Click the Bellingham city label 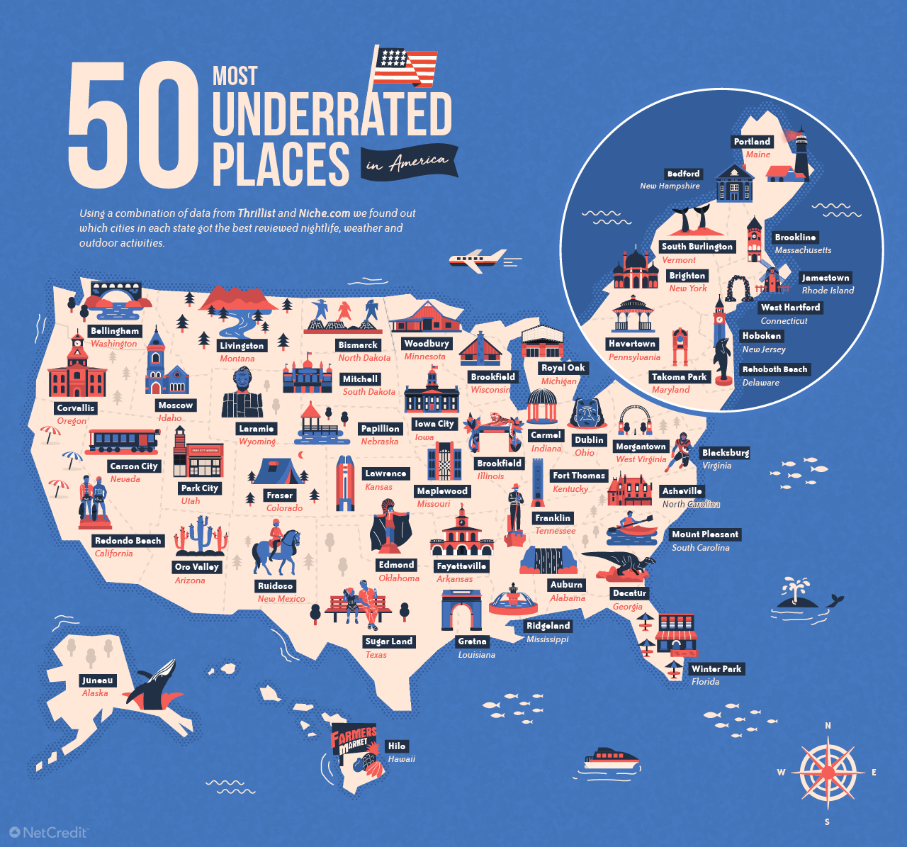tap(115, 331)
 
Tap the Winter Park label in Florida tap(716, 669)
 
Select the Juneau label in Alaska tap(98, 680)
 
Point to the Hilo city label tap(397, 746)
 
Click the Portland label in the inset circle tap(752, 142)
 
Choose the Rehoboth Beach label tap(774, 369)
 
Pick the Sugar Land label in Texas tap(388, 641)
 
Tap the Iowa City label tap(434, 424)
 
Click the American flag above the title tap(405, 67)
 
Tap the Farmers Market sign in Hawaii tap(354, 741)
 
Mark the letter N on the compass tap(828, 726)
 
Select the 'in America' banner tap(408, 163)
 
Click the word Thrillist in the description tap(257, 213)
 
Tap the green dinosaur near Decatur tap(619, 563)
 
